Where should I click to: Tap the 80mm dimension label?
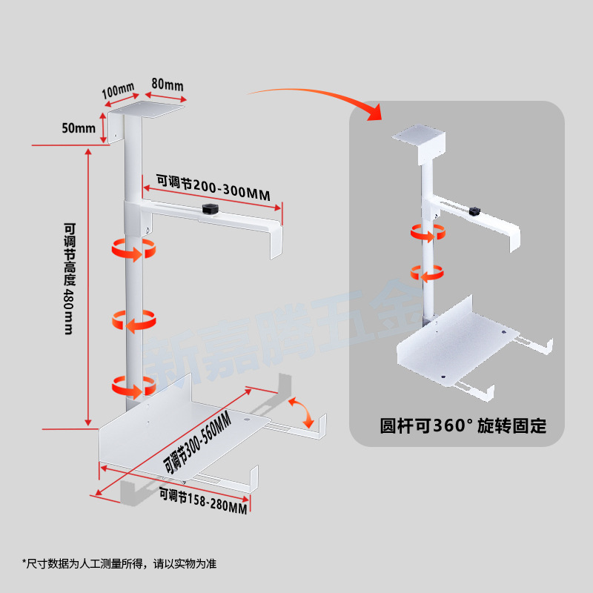pyautogui.click(x=167, y=85)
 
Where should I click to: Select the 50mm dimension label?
pyautogui.click(x=79, y=128)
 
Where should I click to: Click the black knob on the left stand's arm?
pyautogui.click(x=208, y=211)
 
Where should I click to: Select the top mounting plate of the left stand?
pyautogui.click(x=147, y=110)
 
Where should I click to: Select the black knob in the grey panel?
pyautogui.click(x=474, y=211)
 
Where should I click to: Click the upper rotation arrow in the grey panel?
pyautogui.click(x=428, y=233)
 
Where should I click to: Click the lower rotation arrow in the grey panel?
pyautogui.click(x=428, y=273)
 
